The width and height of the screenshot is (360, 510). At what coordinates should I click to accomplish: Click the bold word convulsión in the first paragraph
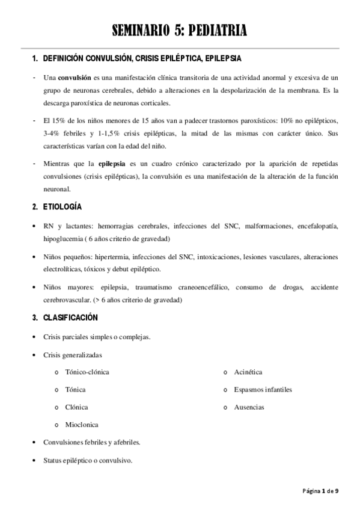pos(74,78)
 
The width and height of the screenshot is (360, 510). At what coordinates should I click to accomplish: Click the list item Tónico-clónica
pos(87,372)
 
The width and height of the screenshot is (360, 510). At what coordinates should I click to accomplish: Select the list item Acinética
pos(248,372)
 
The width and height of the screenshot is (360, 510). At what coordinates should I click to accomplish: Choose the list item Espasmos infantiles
pos(263,389)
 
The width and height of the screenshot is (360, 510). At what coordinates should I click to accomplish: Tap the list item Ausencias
pos(249,407)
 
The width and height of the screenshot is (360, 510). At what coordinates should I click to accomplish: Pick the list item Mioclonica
pos(82,425)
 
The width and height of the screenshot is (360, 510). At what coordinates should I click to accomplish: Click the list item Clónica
pos(76,407)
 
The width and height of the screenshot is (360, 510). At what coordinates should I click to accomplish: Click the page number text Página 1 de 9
pos(320,491)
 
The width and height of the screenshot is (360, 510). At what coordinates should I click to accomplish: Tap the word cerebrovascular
pos(69,300)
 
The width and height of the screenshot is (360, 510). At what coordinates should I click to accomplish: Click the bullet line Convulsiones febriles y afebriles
pos(91,443)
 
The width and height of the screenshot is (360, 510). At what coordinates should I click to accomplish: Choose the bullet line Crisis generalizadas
pos(73,354)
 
